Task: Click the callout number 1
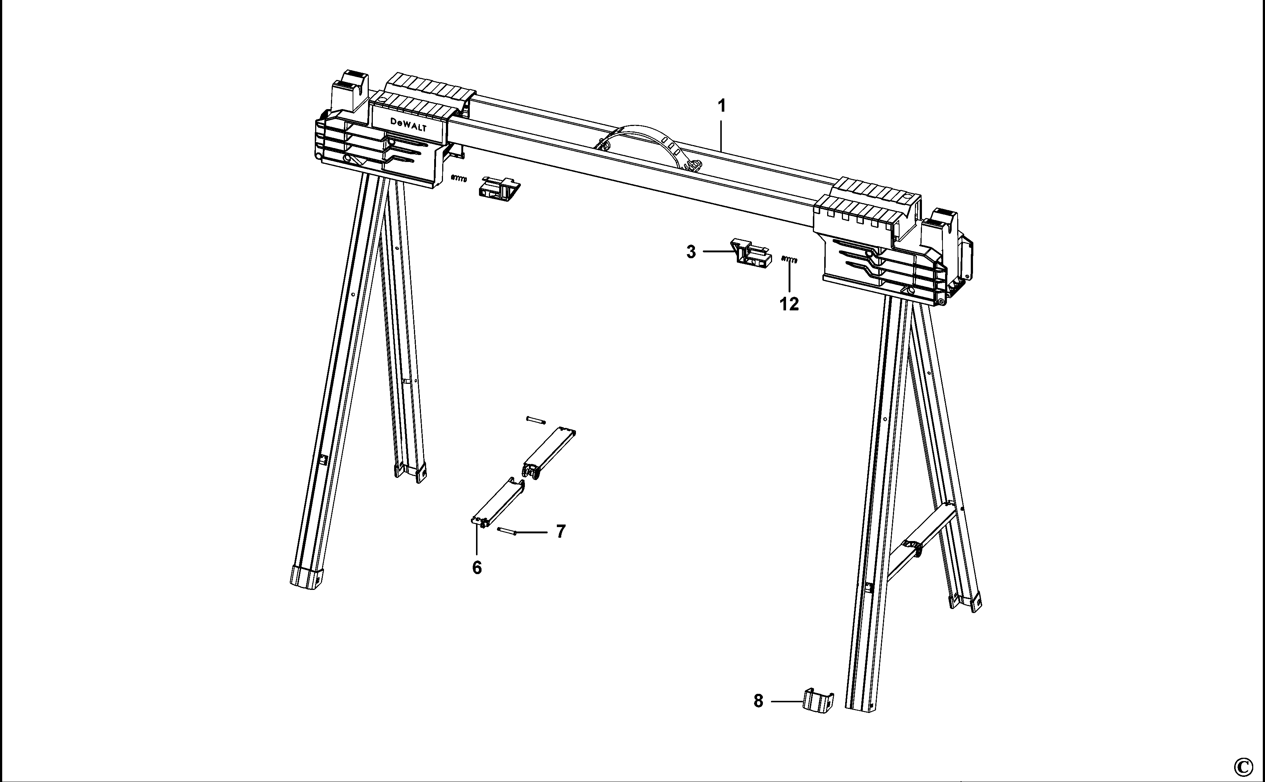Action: (x=721, y=106)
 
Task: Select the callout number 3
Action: (x=691, y=252)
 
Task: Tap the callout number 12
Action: (x=789, y=304)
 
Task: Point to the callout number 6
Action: (x=477, y=568)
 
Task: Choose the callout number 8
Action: (x=758, y=701)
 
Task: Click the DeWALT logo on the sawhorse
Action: (x=408, y=124)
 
